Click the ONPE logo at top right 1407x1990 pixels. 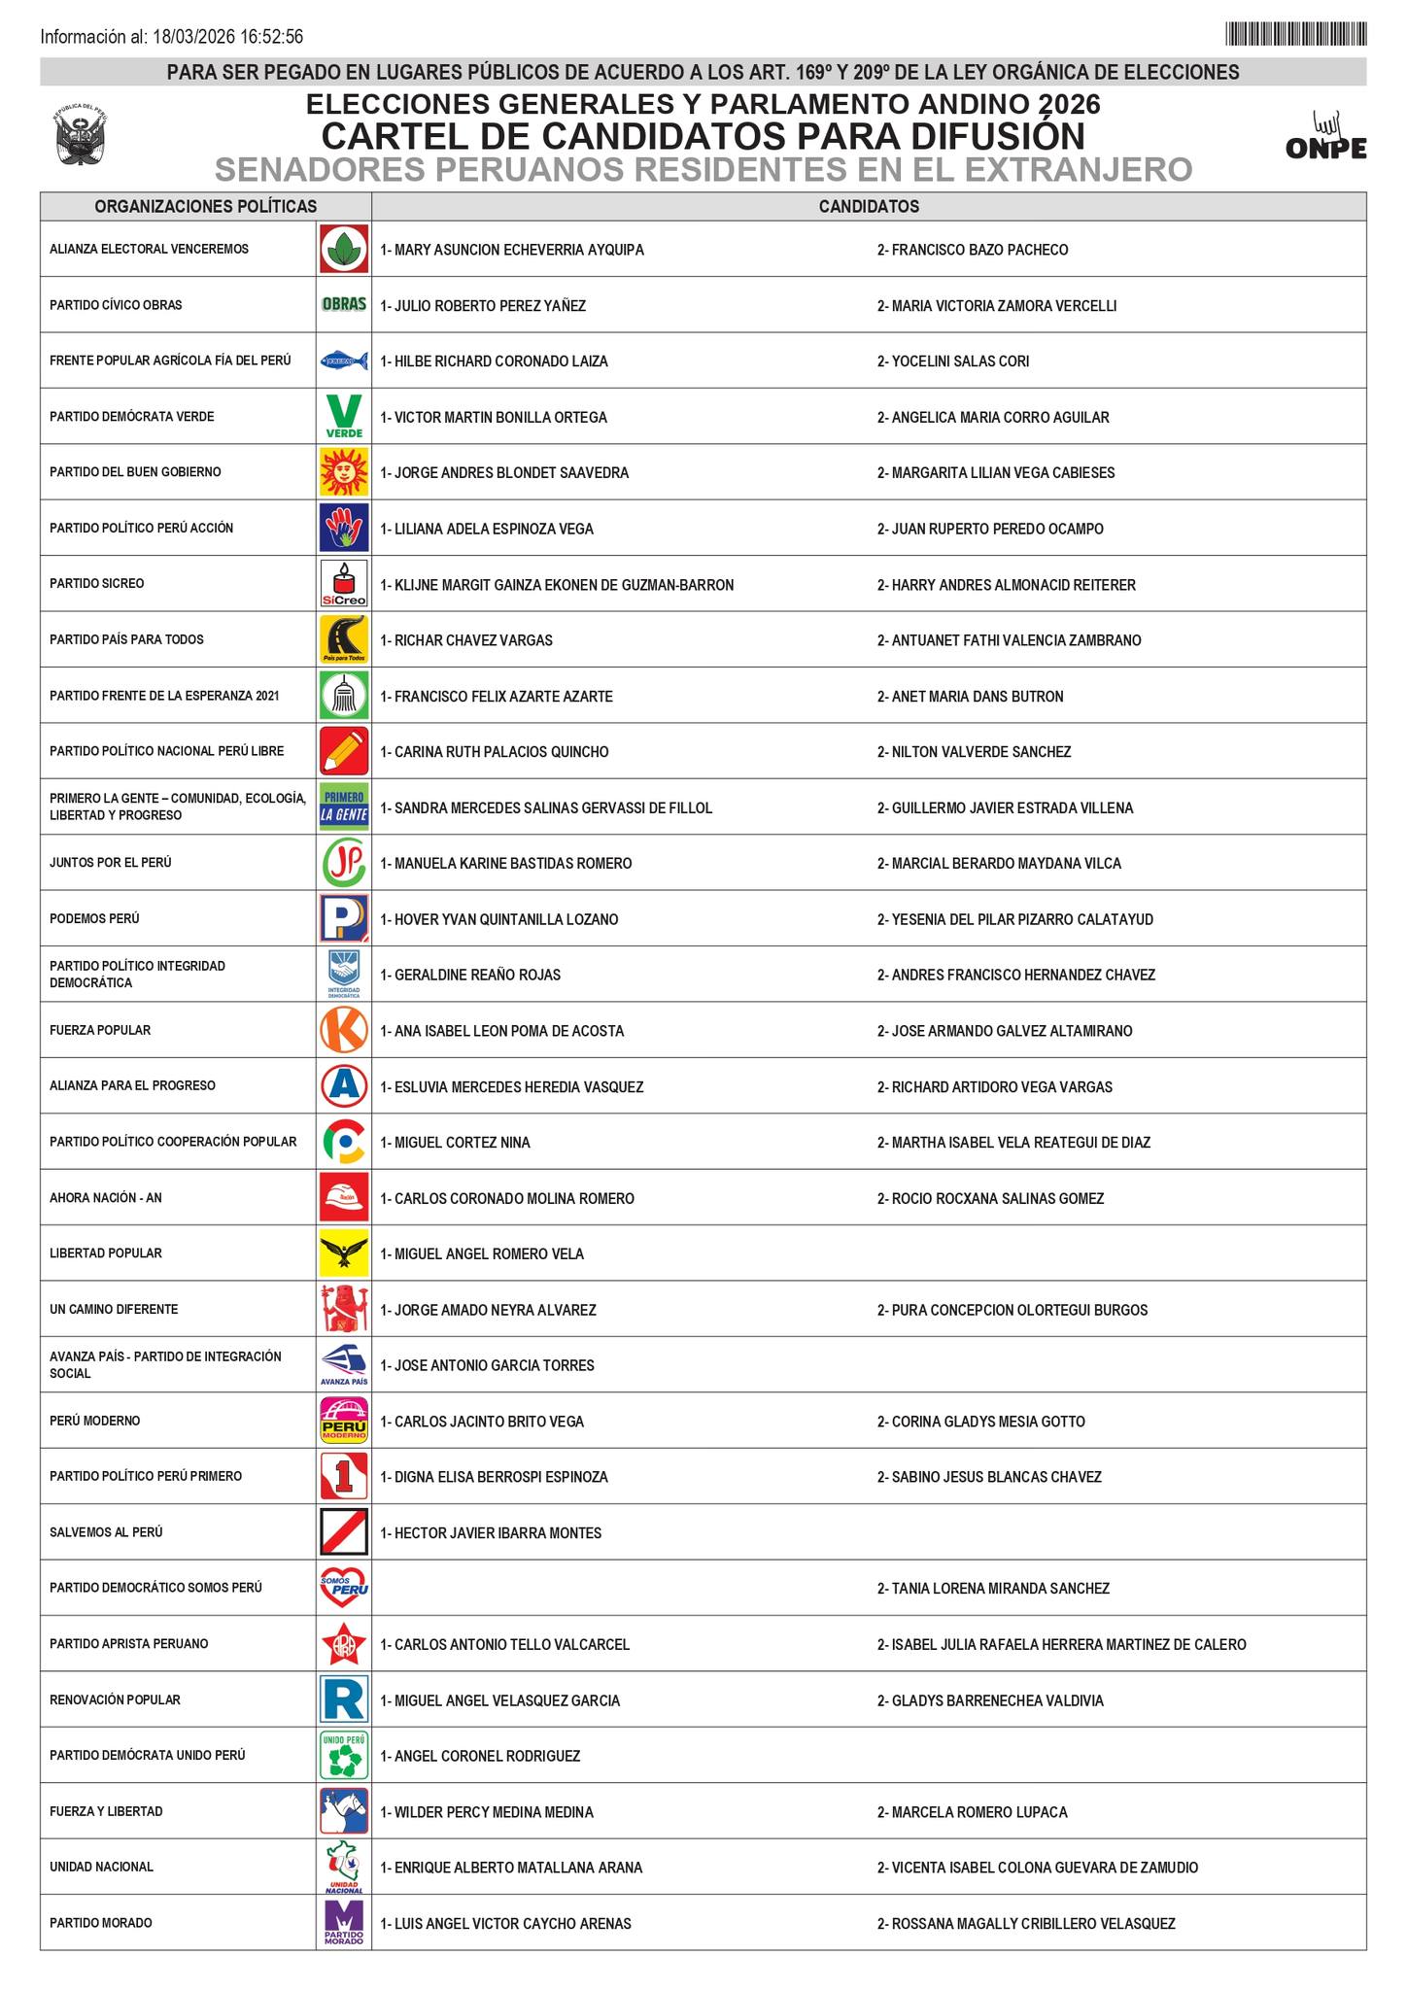(1325, 137)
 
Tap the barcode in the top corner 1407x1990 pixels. (1296, 35)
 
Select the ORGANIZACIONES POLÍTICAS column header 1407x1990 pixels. (205, 207)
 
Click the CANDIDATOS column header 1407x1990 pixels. (869, 207)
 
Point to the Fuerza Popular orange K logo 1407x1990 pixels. (344, 1030)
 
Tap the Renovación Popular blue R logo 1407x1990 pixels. (344, 1699)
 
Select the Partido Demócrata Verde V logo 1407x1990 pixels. (344, 416)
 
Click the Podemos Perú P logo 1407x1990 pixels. (344, 918)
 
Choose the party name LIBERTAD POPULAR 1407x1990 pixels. (106, 1253)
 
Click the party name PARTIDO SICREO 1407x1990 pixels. (97, 584)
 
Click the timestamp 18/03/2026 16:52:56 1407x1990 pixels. (228, 37)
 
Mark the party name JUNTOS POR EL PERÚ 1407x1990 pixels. (111, 863)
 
